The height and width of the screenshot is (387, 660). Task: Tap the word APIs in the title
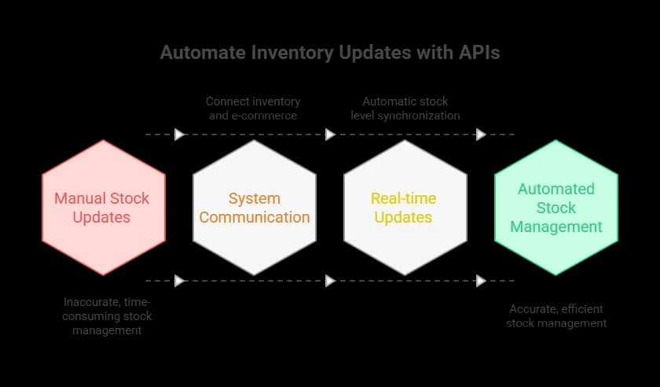tap(479, 53)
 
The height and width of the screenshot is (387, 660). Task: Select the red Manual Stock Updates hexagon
tap(103, 208)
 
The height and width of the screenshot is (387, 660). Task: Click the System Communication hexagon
tap(254, 208)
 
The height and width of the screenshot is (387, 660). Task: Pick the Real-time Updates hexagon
tap(405, 208)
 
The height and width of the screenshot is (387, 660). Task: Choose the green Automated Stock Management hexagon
tap(556, 208)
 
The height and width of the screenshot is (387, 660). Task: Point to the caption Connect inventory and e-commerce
tap(253, 109)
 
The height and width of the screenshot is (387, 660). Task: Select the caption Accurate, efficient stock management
tap(556, 316)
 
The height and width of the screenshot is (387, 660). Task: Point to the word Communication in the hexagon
tap(254, 218)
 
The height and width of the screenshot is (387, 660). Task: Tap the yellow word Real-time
tap(405, 198)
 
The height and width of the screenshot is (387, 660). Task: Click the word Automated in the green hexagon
tap(556, 189)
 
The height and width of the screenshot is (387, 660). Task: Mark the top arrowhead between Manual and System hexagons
tap(179, 135)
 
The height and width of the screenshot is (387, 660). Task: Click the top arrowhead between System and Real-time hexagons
tap(330, 135)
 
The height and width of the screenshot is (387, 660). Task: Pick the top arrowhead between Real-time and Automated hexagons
tap(481, 135)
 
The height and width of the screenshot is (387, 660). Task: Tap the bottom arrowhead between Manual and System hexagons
tap(179, 281)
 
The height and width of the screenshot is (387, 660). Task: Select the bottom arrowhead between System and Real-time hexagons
tap(330, 281)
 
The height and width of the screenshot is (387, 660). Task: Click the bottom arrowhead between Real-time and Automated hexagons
tap(481, 281)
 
